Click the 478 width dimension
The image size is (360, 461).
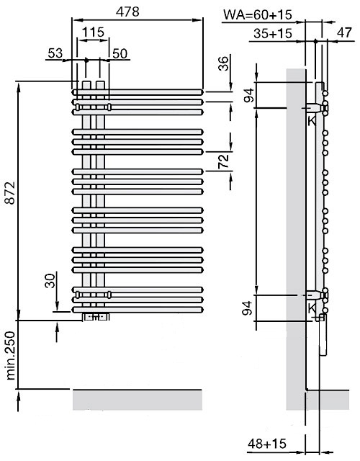click(x=127, y=12)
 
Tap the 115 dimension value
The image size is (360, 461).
click(x=93, y=32)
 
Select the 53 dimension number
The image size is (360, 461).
click(x=55, y=53)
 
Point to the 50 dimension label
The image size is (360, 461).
click(x=120, y=53)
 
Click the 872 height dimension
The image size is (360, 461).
click(x=11, y=193)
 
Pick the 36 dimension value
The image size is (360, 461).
click(x=223, y=63)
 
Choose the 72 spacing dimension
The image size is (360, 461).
click(x=223, y=161)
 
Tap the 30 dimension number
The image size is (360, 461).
click(x=50, y=280)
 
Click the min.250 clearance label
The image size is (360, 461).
click(x=11, y=355)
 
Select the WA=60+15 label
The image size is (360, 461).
click(x=258, y=14)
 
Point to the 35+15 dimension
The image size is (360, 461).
click(x=273, y=34)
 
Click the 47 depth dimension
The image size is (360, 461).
click(x=344, y=32)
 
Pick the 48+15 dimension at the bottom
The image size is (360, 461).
click(x=267, y=444)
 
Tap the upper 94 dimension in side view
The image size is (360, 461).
click(x=249, y=95)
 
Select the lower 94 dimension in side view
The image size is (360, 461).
click(x=248, y=308)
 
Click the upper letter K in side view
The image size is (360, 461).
click(x=312, y=120)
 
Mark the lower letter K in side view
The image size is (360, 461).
click(x=312, y=308)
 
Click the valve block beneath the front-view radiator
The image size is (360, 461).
click(x=96, y=317)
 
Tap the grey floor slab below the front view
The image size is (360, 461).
click(x=138, y=400)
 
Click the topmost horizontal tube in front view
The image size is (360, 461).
click(x=138, y=92)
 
